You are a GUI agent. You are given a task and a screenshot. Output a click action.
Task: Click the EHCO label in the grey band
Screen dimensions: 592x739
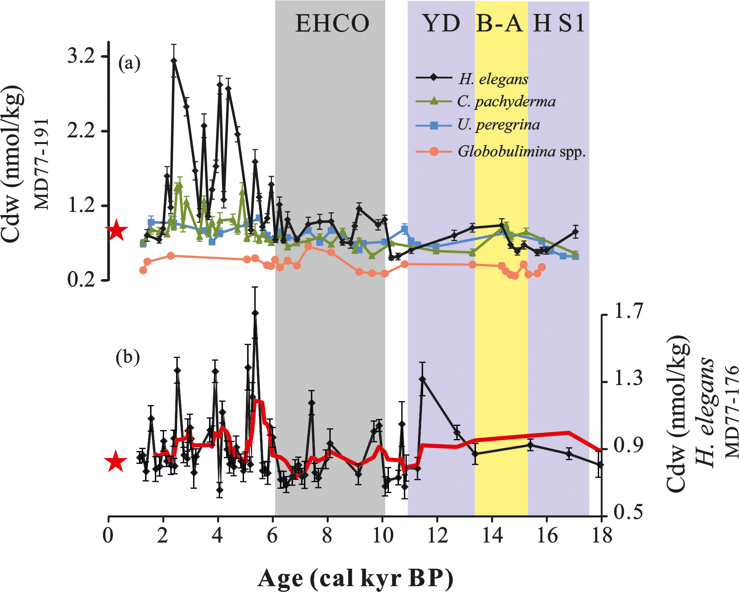(x=332, y=23)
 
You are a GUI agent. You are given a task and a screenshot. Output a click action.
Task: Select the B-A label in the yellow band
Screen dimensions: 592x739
(x=500, y=23)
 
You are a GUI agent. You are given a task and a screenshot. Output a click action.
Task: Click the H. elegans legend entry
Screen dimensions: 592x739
(x=493, y=79)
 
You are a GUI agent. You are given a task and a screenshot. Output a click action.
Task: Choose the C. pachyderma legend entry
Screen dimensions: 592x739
(x=506, y=102)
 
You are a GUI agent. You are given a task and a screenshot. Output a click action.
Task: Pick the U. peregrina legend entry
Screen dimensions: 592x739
(x=498, y=125)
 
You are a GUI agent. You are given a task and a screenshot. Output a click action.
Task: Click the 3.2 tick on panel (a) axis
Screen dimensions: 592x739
(x=81, y=56)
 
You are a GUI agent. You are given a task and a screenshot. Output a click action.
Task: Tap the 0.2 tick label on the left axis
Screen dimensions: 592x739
(x=81, y=280)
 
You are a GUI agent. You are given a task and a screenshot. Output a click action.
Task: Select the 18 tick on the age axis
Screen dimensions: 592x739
(x=602, y=535)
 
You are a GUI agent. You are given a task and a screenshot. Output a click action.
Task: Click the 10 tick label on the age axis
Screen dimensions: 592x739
(x=383, y=535)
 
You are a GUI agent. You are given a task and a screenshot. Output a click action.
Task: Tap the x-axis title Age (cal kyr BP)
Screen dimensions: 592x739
(x=355, y=578)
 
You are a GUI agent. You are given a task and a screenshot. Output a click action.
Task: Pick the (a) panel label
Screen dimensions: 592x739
(x=129, y=63)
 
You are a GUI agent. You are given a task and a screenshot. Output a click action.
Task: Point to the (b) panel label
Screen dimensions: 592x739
(x=127, y=357)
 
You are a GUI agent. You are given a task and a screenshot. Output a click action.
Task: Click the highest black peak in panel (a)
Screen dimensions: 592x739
(x=174, y=61)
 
